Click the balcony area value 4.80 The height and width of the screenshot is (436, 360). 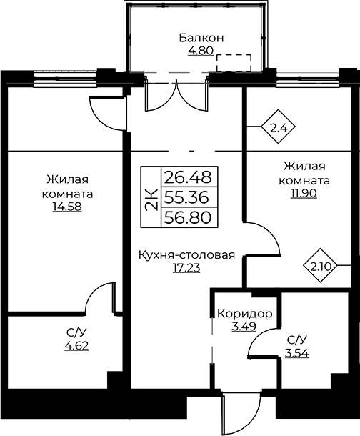(x=201, y=51)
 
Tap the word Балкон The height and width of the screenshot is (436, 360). (x=201, y=38)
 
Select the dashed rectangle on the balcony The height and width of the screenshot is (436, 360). (x=234, y=63)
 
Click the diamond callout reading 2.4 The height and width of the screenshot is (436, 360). (x=278, y=127)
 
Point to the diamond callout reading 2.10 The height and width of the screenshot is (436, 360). (x=320, y=266)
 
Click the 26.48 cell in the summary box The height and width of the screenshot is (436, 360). (x=189, y=177)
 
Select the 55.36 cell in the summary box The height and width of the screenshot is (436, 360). (x=189, y=197)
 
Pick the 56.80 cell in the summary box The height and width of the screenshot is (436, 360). (x=189, y=217)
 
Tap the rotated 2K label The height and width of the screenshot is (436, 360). (x=151, y=197)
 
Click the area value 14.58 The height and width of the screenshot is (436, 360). (x=67, y=207)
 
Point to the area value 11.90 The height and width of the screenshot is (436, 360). (x=304, y=193)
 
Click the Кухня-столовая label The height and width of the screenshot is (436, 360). (x=186, y=254)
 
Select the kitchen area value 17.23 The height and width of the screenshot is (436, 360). (x=186, y=268)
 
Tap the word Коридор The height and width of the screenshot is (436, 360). (x=245, y=314)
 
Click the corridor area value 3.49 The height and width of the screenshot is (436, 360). (x=244, y=326)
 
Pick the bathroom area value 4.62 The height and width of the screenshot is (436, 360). (x=76, y=345)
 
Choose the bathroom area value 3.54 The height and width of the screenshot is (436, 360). (x=297, y=353)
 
